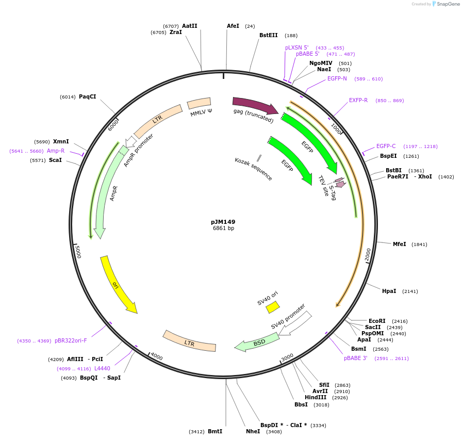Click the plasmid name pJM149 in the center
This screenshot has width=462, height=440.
[223, 222]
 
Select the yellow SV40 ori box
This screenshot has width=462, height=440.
[273, 307]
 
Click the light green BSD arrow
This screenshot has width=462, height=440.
[258, 342]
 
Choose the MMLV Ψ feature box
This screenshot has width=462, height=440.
[199, 104]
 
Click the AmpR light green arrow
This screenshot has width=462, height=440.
[107, 196]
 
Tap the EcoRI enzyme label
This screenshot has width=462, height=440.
[377, 321]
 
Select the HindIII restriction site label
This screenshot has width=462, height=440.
[315, 397]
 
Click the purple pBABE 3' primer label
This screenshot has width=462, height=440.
[356, 358]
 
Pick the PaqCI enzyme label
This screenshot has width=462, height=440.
[87, 96]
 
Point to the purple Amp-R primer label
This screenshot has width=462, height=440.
[56, 151]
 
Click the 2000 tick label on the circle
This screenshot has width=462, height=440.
[368, 254]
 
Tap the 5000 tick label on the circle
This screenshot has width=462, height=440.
[78, 252]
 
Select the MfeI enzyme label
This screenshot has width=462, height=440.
[399, 244]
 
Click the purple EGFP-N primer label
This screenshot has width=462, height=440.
[337, 78]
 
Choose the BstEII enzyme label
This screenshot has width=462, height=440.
[268, 35]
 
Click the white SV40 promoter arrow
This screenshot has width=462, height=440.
[294, 323]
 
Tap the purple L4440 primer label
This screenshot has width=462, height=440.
[102, 368]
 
